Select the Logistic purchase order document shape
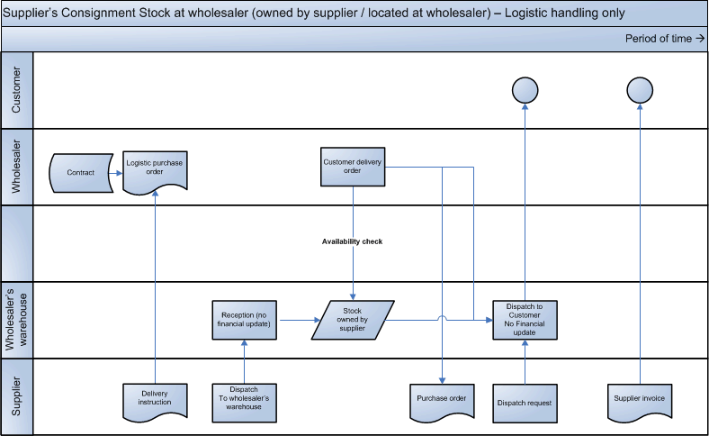coord(155,168)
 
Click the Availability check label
coord(353,241)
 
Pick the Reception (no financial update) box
coord(244,319)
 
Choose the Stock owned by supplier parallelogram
coord(352,319)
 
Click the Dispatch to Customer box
coord(525,319)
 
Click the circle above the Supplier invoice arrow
coord(640,89)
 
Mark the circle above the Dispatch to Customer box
coord(525,89)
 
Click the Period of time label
coord(665,39)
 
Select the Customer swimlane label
coord(16,90)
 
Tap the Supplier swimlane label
coord(16,397)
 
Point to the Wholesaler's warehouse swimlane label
coord(16,319)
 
